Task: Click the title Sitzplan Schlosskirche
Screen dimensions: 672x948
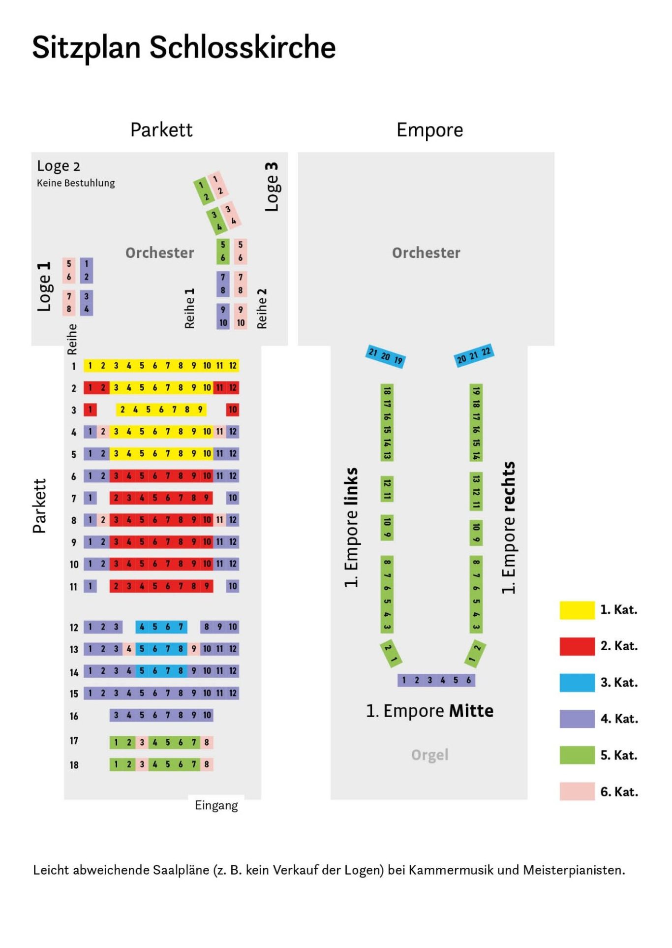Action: click(x=183, y=48)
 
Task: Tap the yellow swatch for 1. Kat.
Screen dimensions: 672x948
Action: click(x=577, y=610)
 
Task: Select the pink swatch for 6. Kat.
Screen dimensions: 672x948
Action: click(x=577, y=791)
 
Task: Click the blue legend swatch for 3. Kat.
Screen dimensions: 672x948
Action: click(x=577, y=683)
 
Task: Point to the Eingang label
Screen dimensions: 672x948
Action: click(x=216, y=805)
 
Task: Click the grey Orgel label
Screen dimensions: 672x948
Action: click(x=429, y=755)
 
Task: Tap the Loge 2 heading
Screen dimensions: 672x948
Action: click(x=59, y=166)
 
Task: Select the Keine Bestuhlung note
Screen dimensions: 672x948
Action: click(x=76, y=183)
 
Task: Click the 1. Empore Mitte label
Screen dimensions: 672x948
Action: click(x=429, y=711)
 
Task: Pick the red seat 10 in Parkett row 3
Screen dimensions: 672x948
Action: click(x=233, y=410)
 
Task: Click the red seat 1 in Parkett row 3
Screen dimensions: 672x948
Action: click(x=90, y=410)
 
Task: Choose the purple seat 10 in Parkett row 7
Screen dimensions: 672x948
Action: click(x=233, y=498)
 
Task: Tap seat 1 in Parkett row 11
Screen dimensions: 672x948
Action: click(x=90, y=586)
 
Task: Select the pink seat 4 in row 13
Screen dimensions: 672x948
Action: click(x=129, y=649)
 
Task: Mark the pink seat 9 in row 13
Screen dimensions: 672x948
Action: click(x=194, y=649)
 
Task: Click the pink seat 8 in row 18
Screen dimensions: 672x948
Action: click(x=207, y=764)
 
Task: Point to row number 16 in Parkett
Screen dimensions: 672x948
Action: click(x=74, y=716)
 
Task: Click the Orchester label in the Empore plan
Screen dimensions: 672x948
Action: click(x=426, y=253)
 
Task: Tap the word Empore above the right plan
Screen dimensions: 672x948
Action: click(x=429, y=130)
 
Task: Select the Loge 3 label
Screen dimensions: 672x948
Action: click(x=272, y=187)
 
